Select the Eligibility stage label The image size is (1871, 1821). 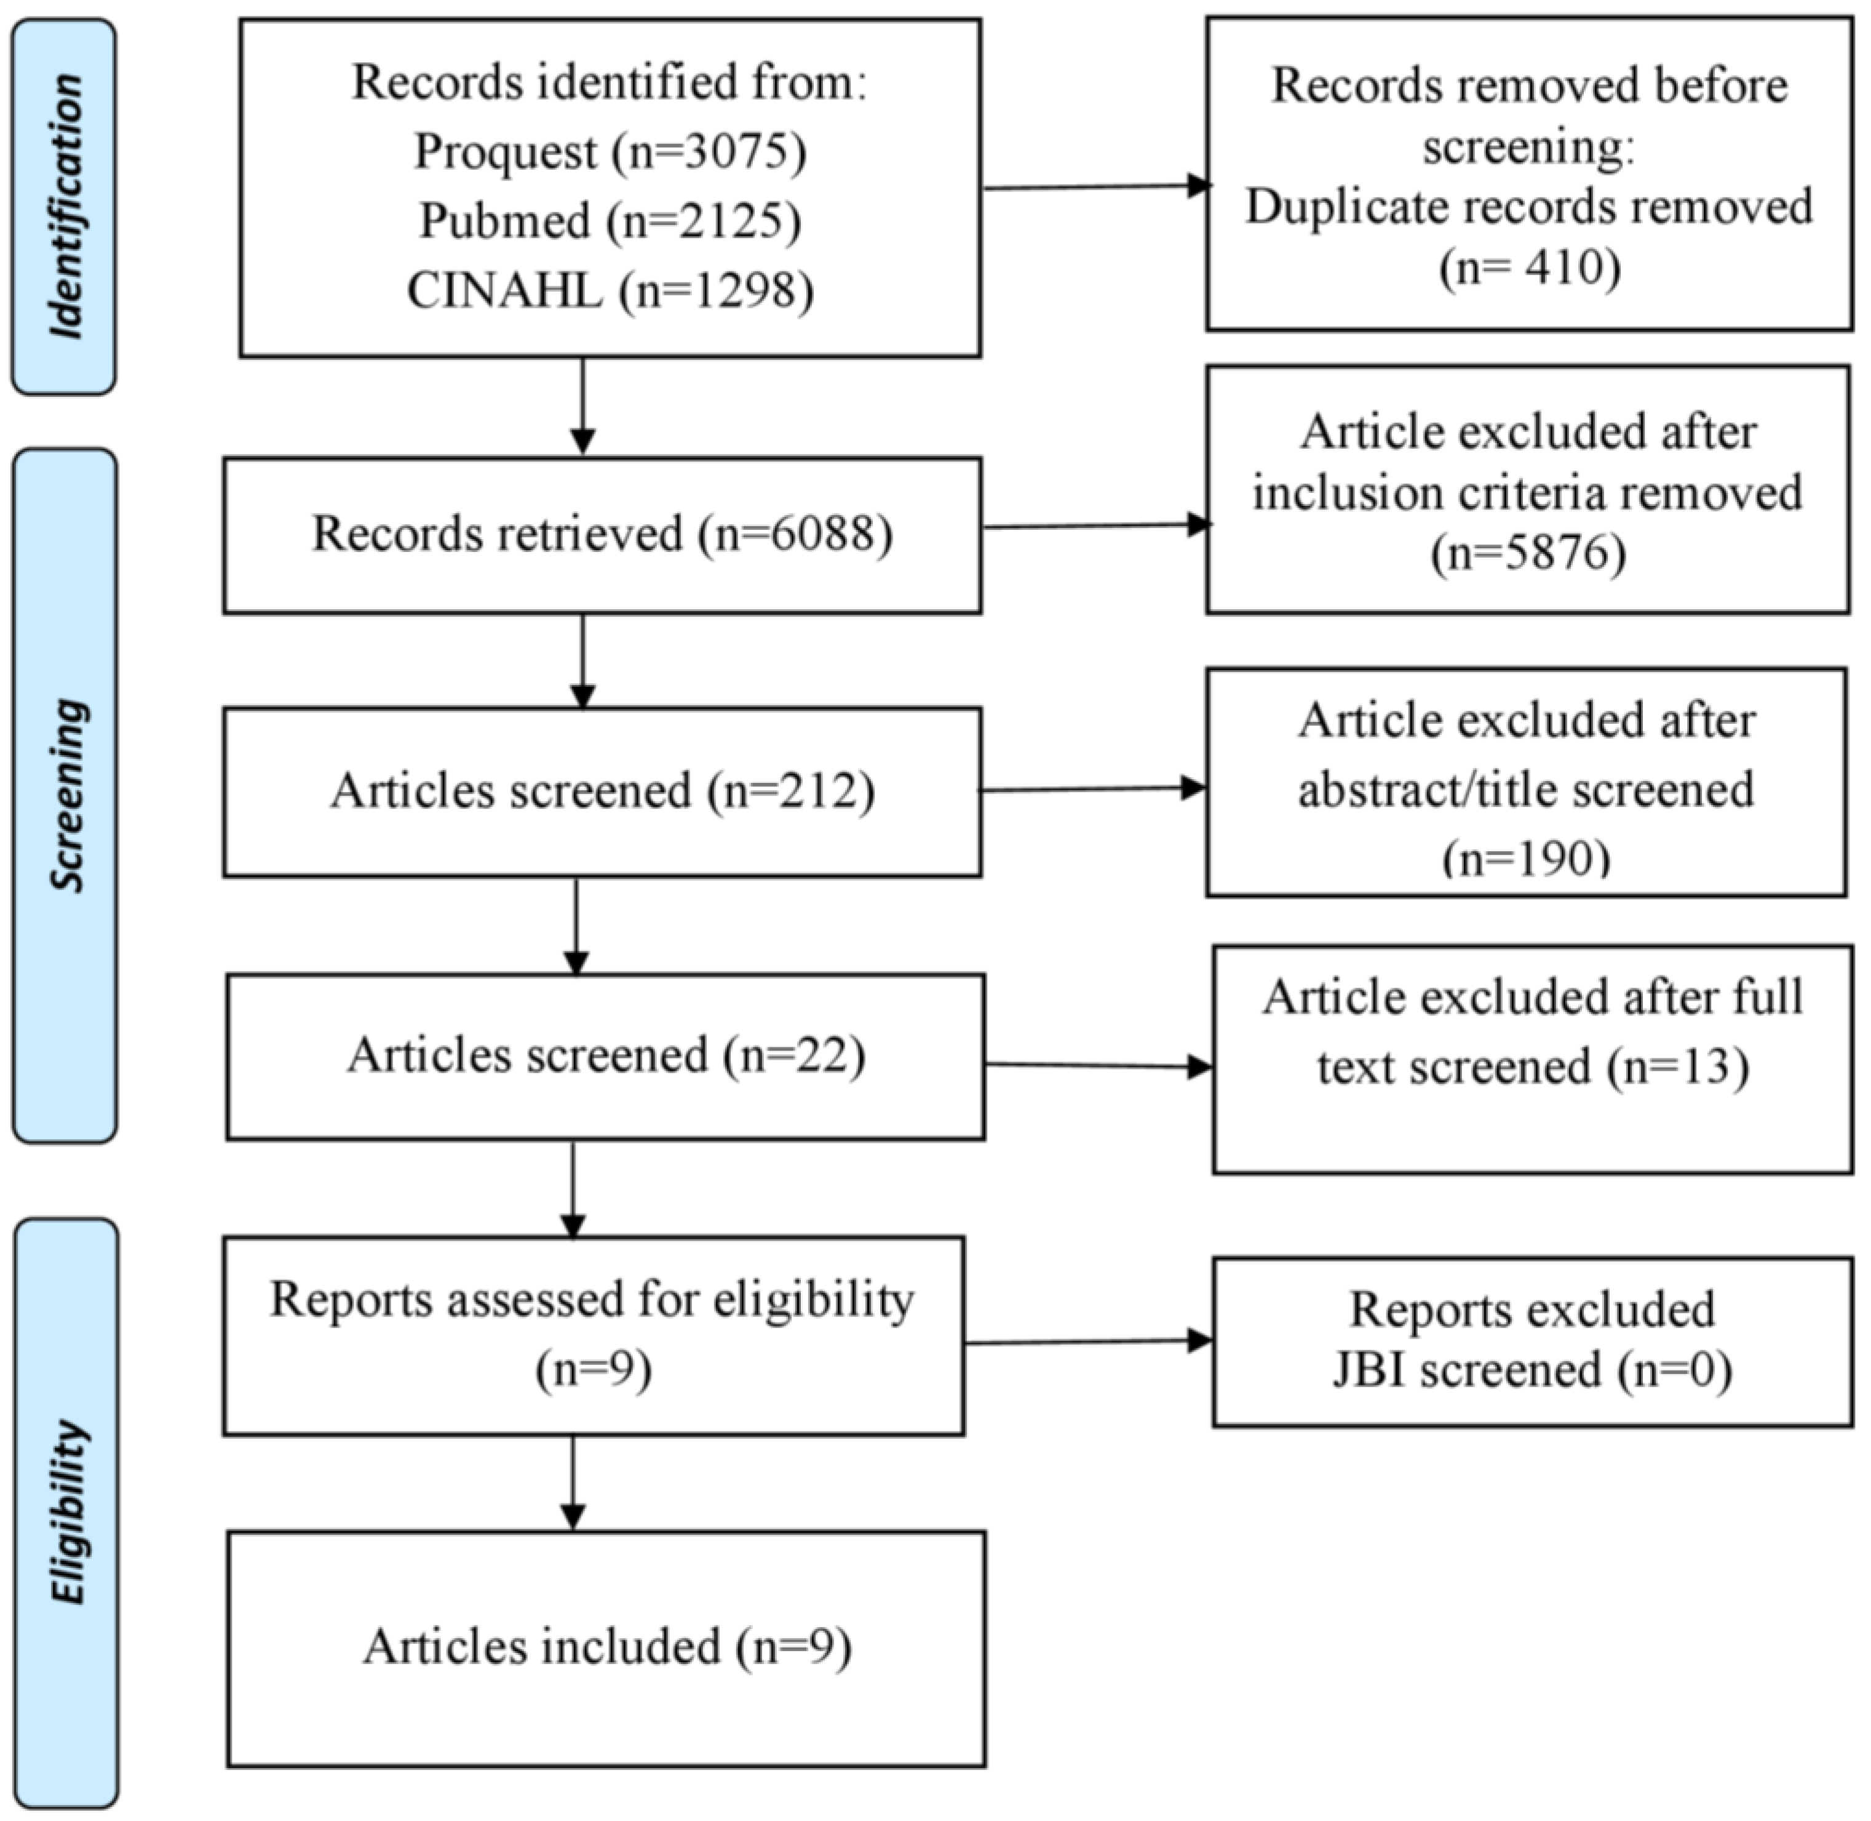point(67,1511)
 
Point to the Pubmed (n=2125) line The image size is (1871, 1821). point(610,221)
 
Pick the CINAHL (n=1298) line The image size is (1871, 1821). point(610,290)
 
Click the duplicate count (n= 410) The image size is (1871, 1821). point(1530,268)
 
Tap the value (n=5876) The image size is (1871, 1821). point(1528,553)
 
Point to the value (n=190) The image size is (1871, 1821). point(1526,858)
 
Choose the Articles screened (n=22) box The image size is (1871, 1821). point(605,1056)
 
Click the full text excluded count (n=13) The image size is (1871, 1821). point(1678,1067)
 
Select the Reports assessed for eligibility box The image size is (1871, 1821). point(593,1335)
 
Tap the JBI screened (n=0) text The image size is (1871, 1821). point(1531,1369)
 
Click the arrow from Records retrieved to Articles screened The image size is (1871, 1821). point(582,660)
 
